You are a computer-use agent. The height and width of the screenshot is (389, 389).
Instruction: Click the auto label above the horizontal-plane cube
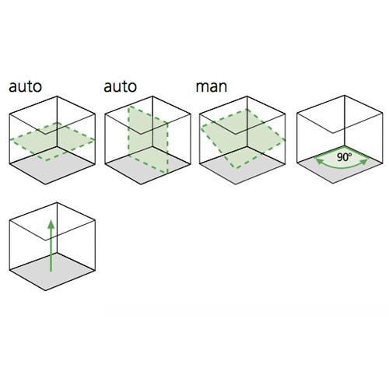25,86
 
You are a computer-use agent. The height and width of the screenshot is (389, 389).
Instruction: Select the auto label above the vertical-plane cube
120,86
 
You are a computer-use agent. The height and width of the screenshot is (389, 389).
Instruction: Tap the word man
212,87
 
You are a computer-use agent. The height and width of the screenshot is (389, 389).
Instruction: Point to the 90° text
345,157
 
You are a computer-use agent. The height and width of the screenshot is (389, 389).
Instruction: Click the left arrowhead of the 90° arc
319,161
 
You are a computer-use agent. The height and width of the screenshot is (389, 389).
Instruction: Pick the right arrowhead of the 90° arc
364,162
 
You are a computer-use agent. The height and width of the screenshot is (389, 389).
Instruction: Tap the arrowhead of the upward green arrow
51,224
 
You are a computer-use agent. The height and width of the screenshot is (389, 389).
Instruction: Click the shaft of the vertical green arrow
51,250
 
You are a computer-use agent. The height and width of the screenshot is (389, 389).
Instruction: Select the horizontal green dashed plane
52,142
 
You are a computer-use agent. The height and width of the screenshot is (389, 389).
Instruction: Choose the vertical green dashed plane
148,139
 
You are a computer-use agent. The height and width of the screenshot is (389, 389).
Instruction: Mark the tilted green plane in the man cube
243,138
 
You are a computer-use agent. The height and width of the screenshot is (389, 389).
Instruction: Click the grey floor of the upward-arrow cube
52,272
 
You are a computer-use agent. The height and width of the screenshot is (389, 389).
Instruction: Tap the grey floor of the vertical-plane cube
148,166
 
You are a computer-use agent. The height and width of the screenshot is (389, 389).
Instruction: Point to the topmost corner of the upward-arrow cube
57,202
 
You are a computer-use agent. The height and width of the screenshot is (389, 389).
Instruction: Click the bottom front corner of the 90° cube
333,184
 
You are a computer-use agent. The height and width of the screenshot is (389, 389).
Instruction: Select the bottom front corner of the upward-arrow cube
46,290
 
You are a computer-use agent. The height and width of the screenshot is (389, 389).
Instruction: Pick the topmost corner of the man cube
247,96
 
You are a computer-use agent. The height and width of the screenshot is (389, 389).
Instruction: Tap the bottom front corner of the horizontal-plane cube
46,184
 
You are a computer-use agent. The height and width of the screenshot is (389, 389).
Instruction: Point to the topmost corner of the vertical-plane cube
152,96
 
